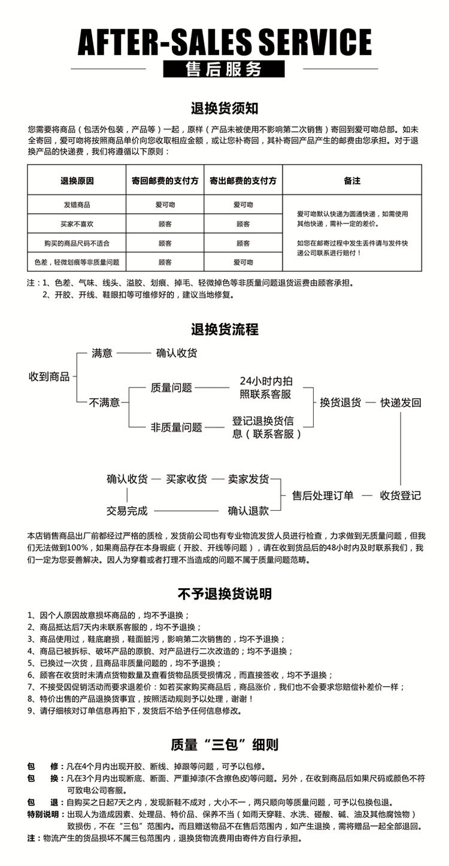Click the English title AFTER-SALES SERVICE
[224, 41]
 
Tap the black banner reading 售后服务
[224, 69]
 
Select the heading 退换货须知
[224, 108]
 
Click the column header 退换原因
[77, 180]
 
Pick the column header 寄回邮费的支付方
[165, 180]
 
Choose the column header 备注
[352, 180]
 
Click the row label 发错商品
[77, 205]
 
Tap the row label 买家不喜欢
[77, 224]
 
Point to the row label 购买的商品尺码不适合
[77, 243]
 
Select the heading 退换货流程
[224, 329]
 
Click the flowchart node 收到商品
[50, 377]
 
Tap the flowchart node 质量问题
[171, 388]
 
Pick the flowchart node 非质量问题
[176, 428]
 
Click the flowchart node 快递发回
[401, 402]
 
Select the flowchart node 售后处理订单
[323, 495]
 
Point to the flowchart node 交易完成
[127, 511]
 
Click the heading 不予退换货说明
[224, 594]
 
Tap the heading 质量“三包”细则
[224, 745]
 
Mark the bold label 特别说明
[43, 814]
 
